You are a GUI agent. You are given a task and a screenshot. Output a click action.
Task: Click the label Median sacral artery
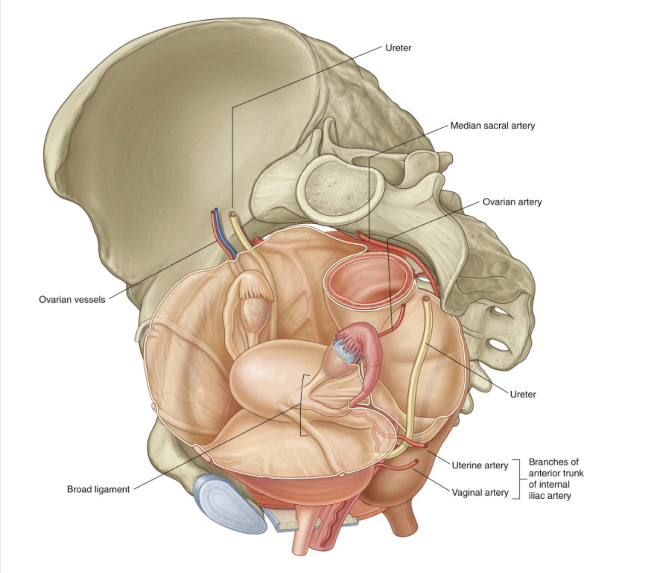click(492, 126)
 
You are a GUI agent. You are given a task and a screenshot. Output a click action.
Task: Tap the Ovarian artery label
click(512, 202)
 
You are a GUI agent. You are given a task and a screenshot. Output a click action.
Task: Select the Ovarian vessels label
click(72, 299)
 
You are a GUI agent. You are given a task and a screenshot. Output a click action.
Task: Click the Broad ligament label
click(98, 489)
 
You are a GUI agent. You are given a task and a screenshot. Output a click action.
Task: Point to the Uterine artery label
click(479, 466)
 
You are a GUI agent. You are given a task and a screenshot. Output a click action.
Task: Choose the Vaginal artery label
click(479, 493)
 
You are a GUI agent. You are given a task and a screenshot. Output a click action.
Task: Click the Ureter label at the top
click(398, 48)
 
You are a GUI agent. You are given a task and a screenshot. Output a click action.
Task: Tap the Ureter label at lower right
click(522, 394)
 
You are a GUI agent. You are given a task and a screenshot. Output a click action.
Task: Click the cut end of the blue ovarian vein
click(216, 210)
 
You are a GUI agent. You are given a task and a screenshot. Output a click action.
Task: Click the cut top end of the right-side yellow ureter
click(425, 299)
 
